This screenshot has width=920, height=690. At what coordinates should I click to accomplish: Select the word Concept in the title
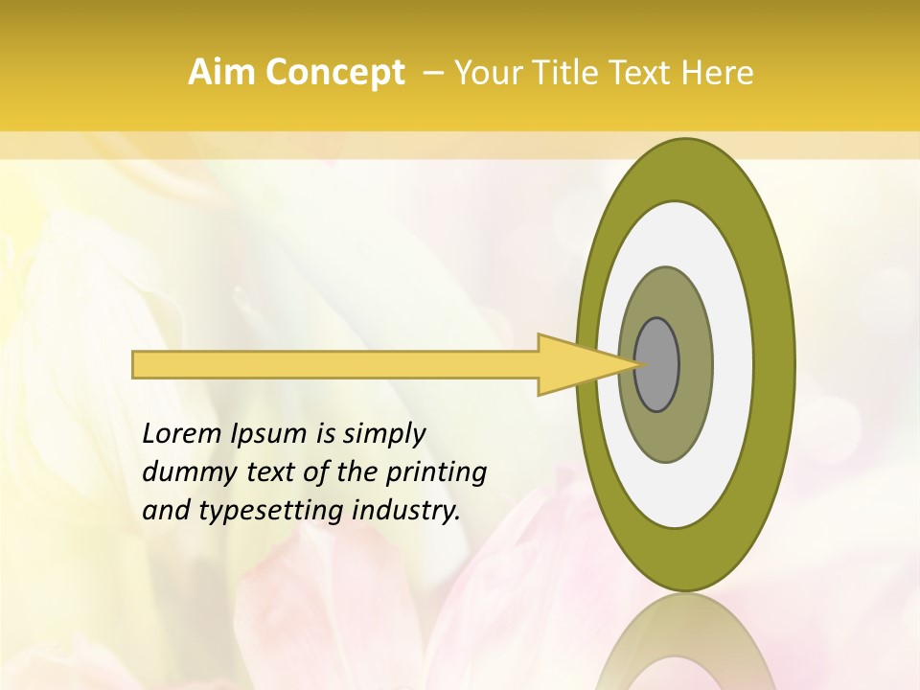point(334,72)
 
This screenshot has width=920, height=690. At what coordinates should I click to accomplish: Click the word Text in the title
point(645,72)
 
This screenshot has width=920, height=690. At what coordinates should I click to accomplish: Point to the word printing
point(437,472)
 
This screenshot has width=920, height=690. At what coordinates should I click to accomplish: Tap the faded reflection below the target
point(686,647)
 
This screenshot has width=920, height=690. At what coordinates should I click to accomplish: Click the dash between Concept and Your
point(432,72)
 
